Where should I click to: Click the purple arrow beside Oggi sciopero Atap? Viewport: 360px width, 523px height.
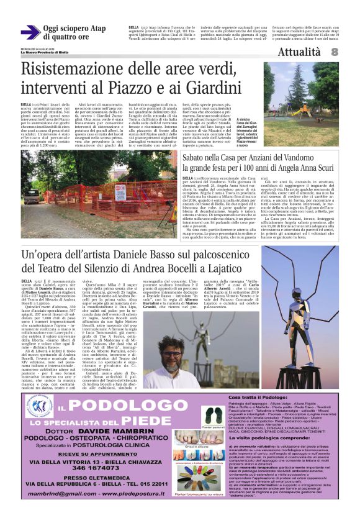coord(30,32)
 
